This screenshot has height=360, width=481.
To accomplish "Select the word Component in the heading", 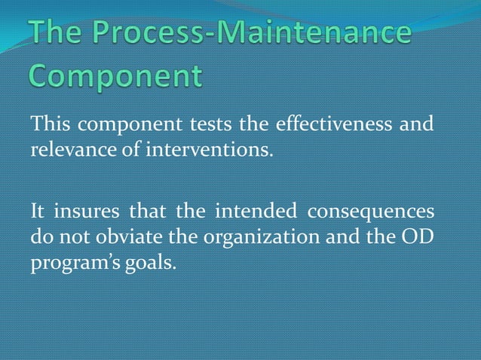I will [116, 78].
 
